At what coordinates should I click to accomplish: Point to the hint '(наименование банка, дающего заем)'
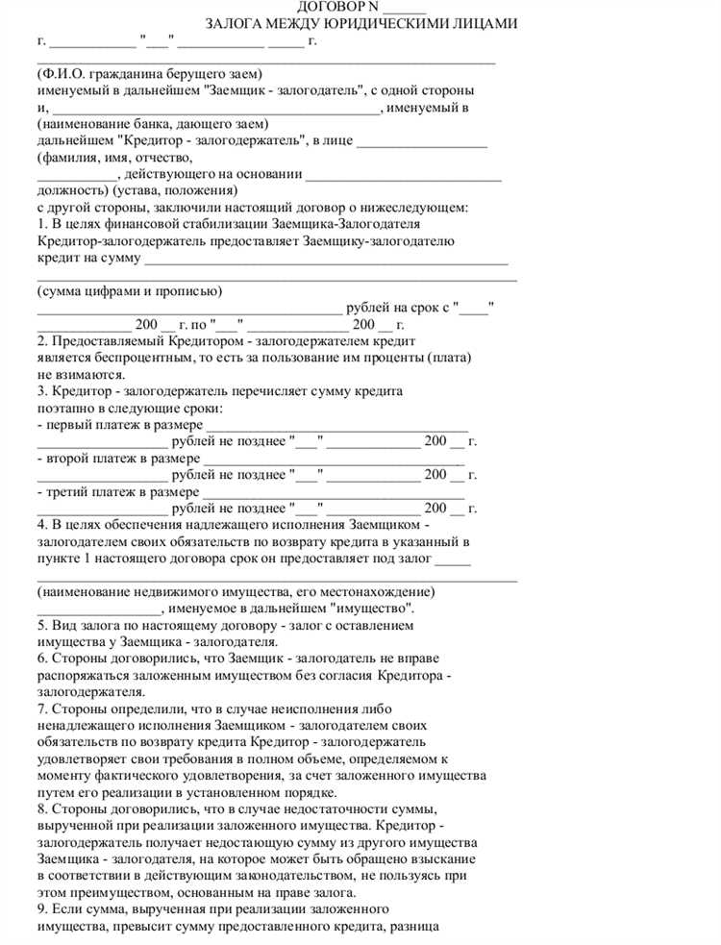click(x=152, y=124)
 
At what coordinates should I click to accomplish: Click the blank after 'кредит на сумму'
click(x=326, y=258)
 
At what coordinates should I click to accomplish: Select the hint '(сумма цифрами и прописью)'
click(x=130, y=291)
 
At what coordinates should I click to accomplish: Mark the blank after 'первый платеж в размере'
click(x=337, y=424)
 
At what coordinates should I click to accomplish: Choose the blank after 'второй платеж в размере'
click(x=336, y=458)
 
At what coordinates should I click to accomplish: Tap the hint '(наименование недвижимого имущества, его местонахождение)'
click(x=236, y=592)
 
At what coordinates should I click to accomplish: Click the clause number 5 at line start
click(x=41, y=626)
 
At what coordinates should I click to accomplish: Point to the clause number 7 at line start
click(x=41, y=709)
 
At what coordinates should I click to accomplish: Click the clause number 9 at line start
click(x=41, y=909)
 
